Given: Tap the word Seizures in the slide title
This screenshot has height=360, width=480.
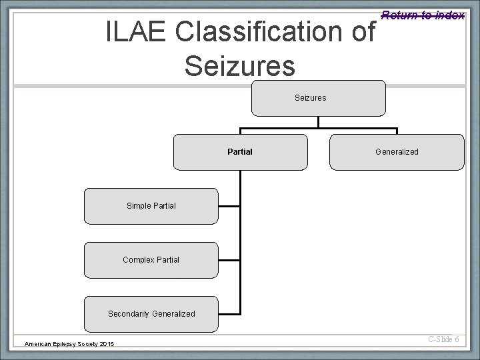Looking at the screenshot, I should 239,65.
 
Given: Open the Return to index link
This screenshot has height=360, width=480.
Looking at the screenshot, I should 423,15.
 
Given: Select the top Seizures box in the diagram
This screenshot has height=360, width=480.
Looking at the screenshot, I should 318,98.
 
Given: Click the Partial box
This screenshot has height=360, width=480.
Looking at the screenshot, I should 240,152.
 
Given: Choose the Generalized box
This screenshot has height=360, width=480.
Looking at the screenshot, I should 397,152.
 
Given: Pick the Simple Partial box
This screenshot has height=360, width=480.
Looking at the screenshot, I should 151,206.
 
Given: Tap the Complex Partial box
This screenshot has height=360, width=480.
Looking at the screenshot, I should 151,259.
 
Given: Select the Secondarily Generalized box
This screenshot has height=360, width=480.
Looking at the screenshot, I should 151,313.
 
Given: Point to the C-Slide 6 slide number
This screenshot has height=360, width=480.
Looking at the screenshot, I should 443,339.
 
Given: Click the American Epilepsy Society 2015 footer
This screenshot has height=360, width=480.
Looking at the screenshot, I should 69,343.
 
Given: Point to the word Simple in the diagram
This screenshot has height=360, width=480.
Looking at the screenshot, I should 139,206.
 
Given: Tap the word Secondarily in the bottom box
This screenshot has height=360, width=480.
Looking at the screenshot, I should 129,313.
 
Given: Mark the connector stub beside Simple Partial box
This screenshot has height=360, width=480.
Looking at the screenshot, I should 229,206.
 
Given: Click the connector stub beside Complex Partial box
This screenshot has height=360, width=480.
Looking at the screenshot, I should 229,259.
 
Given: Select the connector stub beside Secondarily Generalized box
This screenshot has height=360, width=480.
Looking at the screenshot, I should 229,313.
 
